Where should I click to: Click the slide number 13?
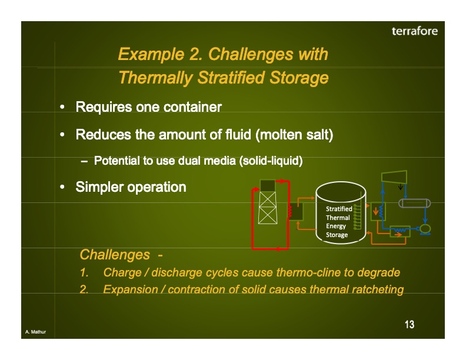pyautogui.click(x=410, y=325)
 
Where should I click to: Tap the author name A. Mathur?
pyautogui.click(x=35, y=333)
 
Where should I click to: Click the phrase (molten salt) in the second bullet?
pyautogui.click(x=294, y=135)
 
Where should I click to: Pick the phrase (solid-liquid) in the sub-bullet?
pyautogui.click(x=271, y=161)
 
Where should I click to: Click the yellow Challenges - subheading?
pyautogui.click(x=121, y=255)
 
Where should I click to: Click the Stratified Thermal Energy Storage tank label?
pyautogui.click(x=339, y=222)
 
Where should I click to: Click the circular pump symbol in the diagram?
pyautogui.click(x=424, y=228)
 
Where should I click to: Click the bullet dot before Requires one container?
pyautogui.click(x=62, y=108)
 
